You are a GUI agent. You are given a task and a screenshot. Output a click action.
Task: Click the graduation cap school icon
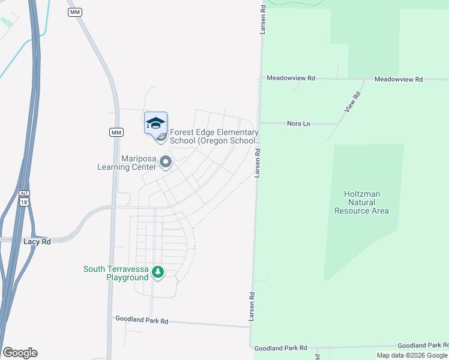155,123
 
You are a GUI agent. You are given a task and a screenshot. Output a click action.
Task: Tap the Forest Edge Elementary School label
214,136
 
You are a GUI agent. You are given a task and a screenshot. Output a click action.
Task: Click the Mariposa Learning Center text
130,162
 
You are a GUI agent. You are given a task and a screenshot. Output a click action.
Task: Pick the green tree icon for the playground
158,273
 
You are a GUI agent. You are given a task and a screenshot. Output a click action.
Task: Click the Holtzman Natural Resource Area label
361,202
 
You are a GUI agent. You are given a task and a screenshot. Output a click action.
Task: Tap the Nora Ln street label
298,123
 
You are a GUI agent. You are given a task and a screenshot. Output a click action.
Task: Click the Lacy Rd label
37,241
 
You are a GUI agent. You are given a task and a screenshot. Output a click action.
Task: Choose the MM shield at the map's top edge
75,12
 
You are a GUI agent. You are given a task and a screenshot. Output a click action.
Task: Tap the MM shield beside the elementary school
116,132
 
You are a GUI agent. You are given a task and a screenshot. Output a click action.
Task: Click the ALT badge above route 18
24,193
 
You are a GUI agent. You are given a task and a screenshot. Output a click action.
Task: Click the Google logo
20,352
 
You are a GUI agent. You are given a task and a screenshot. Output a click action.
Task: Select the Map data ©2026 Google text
412,355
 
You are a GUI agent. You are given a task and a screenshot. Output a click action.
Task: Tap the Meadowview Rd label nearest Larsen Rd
291,79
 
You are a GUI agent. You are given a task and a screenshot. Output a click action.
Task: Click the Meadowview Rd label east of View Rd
399,79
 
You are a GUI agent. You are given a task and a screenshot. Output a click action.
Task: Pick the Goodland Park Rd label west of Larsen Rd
142,320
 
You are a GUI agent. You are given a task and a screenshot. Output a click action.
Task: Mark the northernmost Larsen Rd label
263,19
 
